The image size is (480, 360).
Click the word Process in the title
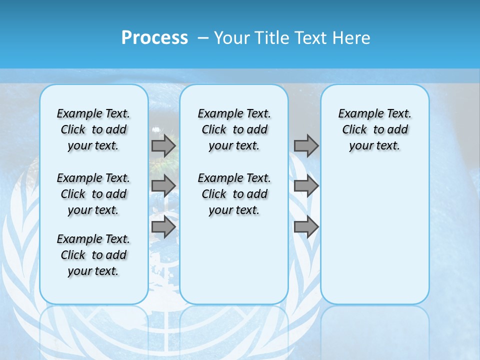154,37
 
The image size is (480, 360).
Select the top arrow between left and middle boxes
163,146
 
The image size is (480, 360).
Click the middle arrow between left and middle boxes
163,186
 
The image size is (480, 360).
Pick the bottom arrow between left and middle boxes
163,226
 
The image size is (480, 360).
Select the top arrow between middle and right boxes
306,146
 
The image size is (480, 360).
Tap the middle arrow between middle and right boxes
306,186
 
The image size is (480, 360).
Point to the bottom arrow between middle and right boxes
306,226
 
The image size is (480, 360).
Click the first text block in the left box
93,129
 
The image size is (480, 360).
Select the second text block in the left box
93,194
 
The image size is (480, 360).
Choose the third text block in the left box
93,255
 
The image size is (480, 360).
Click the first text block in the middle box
234,129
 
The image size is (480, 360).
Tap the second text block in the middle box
234,194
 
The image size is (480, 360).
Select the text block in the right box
374,129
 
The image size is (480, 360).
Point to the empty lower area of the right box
374,235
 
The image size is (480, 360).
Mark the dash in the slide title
203,37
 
